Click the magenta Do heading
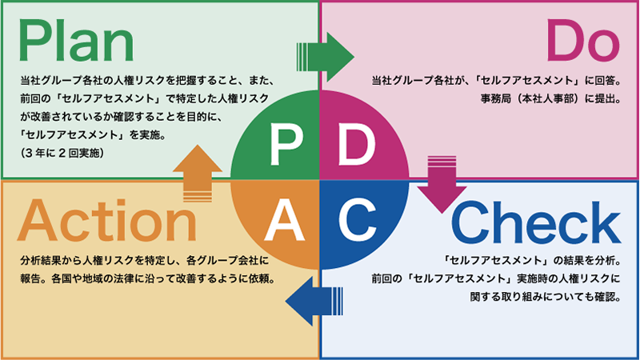coord(582,41)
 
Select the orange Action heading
coord(106,222)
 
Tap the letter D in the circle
coord(355,144)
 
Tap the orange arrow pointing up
coord(197,174)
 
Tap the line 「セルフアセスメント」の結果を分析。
coord(531,261)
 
